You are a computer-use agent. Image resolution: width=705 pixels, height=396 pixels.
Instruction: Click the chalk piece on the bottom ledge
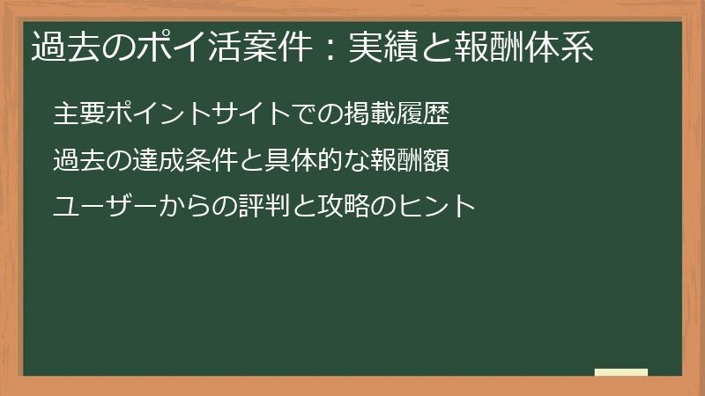tap(621, 372)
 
